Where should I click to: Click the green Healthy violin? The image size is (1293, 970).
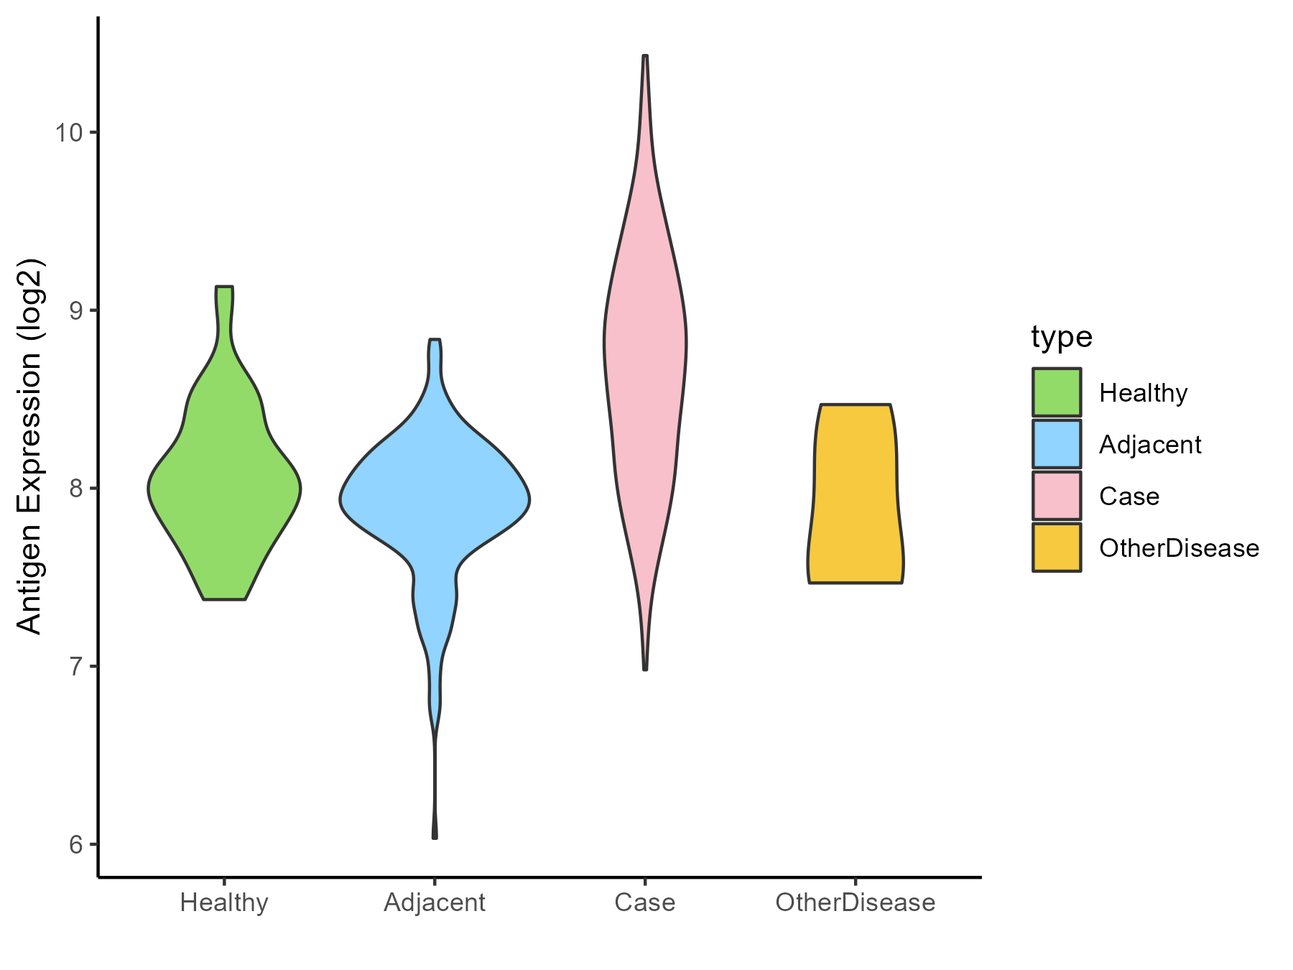[224, 489]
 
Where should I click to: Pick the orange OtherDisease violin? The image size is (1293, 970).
[855, 496]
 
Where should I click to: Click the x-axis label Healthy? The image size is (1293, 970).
[224, 902]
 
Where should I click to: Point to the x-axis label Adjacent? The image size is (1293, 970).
[435, 902]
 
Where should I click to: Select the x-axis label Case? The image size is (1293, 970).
[645, 902]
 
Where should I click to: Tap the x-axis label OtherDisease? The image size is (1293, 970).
[855, 902]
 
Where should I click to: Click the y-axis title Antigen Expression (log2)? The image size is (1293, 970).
[30, 445]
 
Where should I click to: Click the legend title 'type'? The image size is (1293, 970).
[1062, 336]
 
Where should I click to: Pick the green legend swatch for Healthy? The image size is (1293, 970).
[1057, 392]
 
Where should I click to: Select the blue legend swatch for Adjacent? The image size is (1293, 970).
[1057, 444]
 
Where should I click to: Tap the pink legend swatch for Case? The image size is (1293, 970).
[1057, 496]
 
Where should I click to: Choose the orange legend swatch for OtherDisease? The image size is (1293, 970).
[1057, 548]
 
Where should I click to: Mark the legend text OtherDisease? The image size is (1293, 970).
[1179, 548]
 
